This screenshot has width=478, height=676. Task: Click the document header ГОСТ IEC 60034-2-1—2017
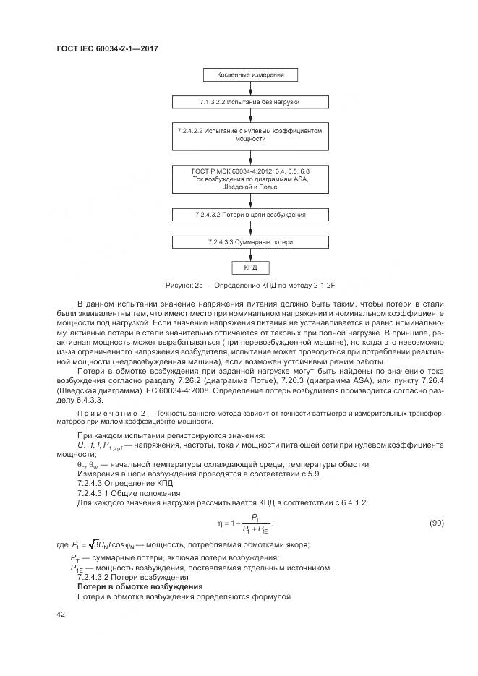(107, 48)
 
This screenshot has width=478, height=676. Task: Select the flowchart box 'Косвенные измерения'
(250, 74)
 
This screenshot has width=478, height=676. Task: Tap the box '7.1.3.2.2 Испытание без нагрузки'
(250, 103)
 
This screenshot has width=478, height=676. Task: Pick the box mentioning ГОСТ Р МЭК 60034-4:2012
(250, 178)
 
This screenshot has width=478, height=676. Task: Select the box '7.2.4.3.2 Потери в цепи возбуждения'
(250, 215)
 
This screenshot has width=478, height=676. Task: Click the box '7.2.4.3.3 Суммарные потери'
(250, 241)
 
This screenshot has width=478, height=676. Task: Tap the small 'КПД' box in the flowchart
(250, 268)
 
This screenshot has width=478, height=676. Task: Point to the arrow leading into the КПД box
(250, 254)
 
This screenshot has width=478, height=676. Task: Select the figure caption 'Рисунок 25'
(250, 286)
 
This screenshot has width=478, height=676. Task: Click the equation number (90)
(436, 522)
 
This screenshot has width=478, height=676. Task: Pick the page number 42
(61, 614)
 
